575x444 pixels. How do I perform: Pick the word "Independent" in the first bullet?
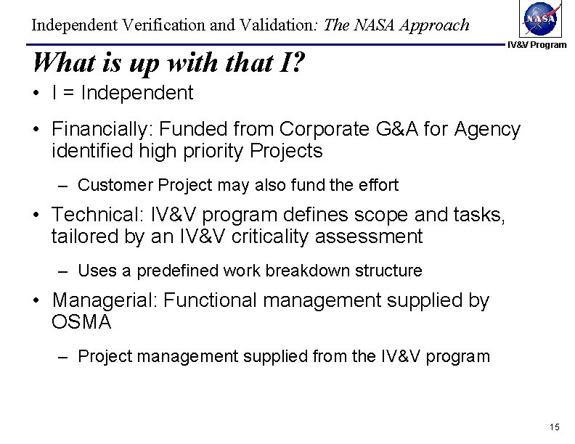point(137,94)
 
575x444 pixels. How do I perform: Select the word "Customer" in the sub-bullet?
point(110,185)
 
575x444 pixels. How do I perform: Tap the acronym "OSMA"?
point(81,322)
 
